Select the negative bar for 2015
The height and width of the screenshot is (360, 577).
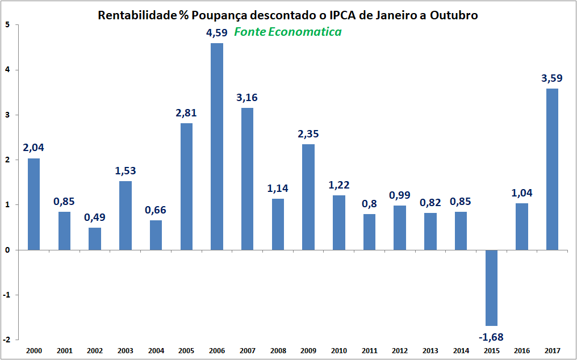491,287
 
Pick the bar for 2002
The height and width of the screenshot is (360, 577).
95,238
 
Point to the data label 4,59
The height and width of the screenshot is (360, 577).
217,33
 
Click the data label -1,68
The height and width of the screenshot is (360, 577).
491,338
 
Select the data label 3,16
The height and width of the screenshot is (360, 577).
247,98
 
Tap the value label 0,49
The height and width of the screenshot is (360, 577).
95,217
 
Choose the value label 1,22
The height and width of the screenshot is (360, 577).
338,185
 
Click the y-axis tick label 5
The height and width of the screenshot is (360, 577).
7,25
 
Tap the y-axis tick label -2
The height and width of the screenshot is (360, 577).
6,340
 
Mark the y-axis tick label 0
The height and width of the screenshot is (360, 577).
7,250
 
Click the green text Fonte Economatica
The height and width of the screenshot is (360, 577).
288,32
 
